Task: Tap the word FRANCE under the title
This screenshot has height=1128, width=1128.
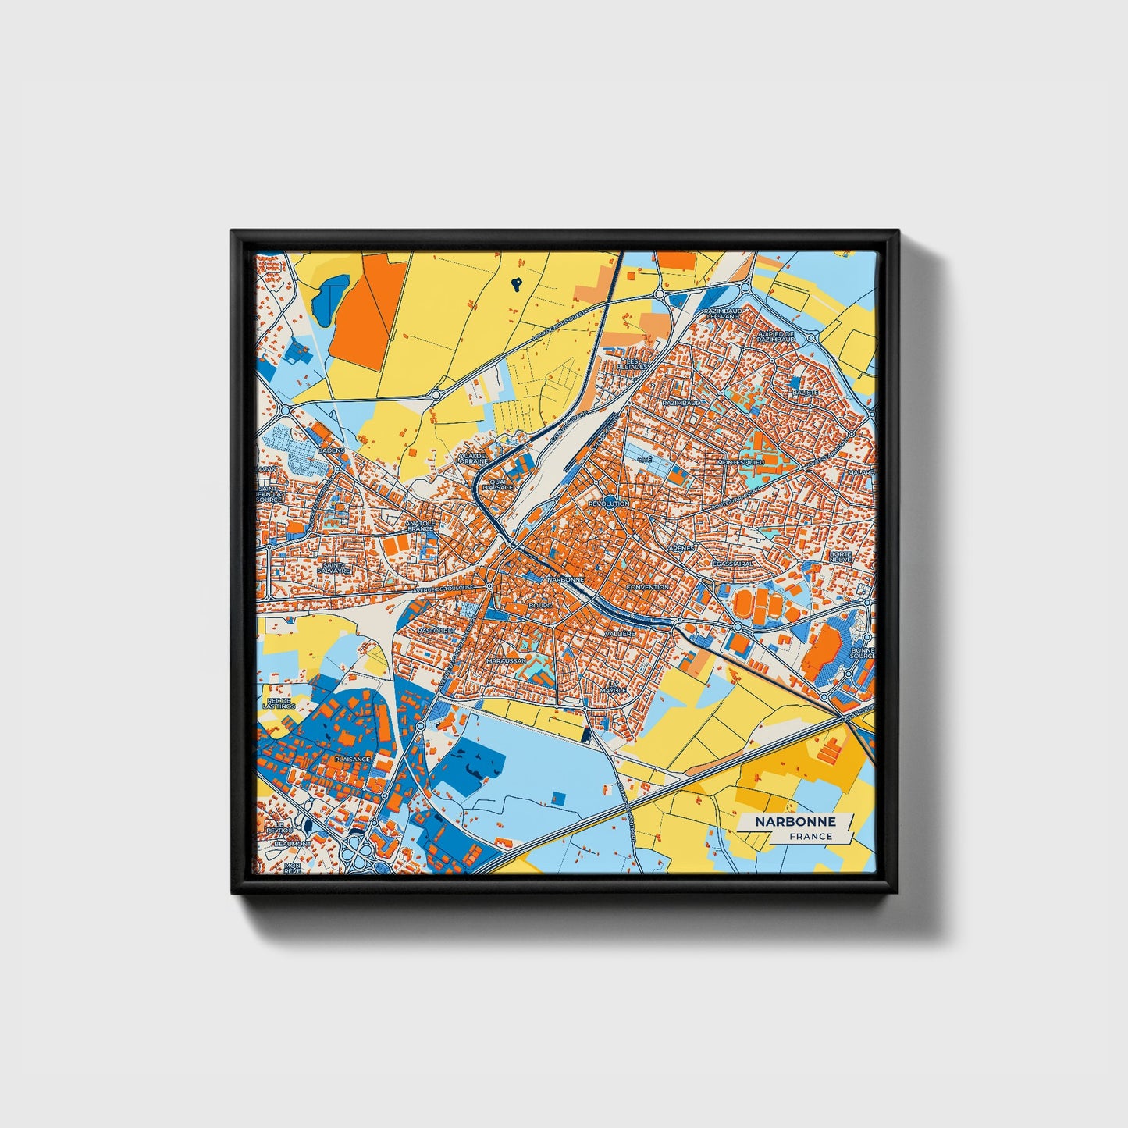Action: (x=810, y=837)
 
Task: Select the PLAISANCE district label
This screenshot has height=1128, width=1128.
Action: (x=352, y=758)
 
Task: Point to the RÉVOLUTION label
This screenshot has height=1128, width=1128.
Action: (x=609, y=504)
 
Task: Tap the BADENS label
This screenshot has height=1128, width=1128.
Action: (x=331, y=450)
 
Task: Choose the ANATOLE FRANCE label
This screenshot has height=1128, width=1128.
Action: (x=420, y=526)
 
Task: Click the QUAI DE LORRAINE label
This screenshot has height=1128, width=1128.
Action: (x=472, y=458)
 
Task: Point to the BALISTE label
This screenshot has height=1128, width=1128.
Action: (x=805, y=392)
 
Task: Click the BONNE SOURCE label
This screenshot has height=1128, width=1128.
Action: (x=863, y=653)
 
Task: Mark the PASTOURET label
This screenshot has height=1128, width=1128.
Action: (x=436, y=629)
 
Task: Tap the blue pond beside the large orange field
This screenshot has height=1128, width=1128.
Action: (x=329, y=294)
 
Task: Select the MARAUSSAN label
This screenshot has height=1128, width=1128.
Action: (x=506, y=660)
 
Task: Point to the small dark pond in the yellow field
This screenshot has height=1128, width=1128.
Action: (x=517, y=285)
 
